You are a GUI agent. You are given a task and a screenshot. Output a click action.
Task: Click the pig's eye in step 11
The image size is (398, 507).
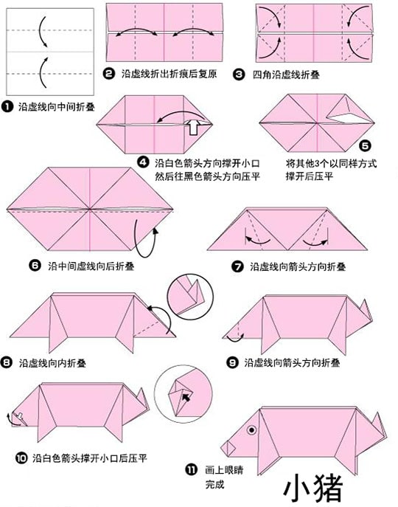[251, 430]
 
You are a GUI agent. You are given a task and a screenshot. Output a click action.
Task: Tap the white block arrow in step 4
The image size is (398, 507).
[194, 127]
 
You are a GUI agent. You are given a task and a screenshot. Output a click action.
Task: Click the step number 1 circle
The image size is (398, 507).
[7, 107]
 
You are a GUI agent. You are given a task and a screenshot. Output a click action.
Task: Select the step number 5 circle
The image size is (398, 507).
[366, 146]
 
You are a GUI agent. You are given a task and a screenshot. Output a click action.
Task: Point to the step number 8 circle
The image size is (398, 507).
[7, 362]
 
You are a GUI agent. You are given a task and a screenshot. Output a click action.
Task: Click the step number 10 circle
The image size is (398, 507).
[21, 458]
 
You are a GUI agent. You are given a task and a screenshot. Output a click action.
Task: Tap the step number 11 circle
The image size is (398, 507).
[191, 469]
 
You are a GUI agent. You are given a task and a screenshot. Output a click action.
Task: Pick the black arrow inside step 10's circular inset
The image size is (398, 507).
[186, 397]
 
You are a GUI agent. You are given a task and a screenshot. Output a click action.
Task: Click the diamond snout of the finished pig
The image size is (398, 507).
[228, 447]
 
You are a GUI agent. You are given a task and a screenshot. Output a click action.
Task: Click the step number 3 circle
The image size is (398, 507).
[239, 75]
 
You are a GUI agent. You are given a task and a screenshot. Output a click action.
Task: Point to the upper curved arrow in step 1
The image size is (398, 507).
[43, 32]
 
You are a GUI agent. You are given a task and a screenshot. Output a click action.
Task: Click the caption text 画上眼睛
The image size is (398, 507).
[224, 469]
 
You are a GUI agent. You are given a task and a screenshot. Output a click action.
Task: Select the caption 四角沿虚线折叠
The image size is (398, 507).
[286, 75]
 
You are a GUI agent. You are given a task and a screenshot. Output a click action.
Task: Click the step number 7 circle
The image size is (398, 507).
[237, 266]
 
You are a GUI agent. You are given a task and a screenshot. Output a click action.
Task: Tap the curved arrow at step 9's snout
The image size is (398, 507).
[235, 338]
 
